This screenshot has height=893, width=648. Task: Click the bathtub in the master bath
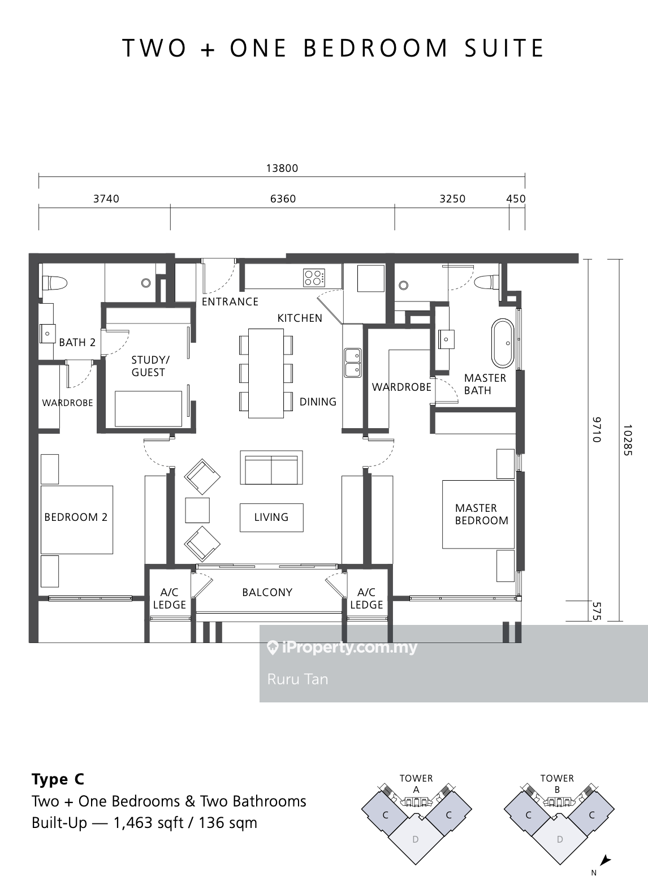[503, 343]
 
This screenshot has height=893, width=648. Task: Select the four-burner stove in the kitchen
[314, 278]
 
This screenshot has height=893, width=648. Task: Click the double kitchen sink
[353, 363]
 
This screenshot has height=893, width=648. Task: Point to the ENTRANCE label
[230, 302]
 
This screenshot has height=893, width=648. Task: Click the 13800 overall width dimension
[282, 168]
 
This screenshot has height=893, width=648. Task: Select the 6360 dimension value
[283, 199]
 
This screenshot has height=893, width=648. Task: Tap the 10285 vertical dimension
[628, 440]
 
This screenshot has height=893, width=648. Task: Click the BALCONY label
[267, 592]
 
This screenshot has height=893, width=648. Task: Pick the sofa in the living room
[271, 468]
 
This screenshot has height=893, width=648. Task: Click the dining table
[266, 373]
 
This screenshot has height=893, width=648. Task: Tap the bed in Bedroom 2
[77, 519]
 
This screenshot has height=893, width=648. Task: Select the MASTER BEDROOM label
[481, 514]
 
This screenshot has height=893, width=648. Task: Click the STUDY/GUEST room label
[150, 366]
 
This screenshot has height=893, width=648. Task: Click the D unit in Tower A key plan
[416, 840]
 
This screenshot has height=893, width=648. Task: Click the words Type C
[58, 779]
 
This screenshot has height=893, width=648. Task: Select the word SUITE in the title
[504, 48]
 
